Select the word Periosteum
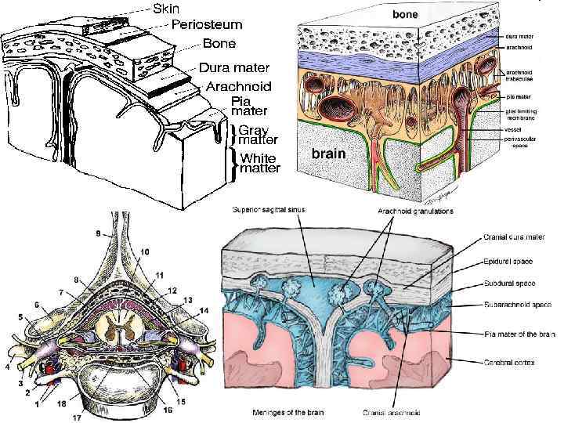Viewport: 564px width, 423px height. (206, 25)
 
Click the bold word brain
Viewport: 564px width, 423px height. (330, 154)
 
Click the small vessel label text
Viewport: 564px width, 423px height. (513, 131)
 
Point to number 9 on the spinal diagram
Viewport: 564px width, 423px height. (98, 233)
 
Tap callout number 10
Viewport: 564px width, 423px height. (145, 251)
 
